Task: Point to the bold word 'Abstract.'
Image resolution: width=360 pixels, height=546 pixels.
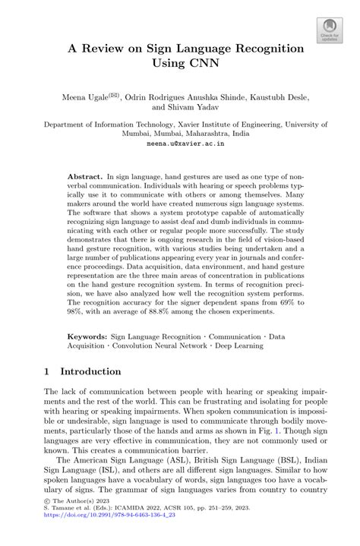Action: pos(84,174)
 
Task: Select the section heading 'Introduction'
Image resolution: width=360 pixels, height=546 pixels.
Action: pos(90,372)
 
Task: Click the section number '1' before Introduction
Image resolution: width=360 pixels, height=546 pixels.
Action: pos(47,372)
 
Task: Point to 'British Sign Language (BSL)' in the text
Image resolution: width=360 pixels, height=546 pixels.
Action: pos(219,460)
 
